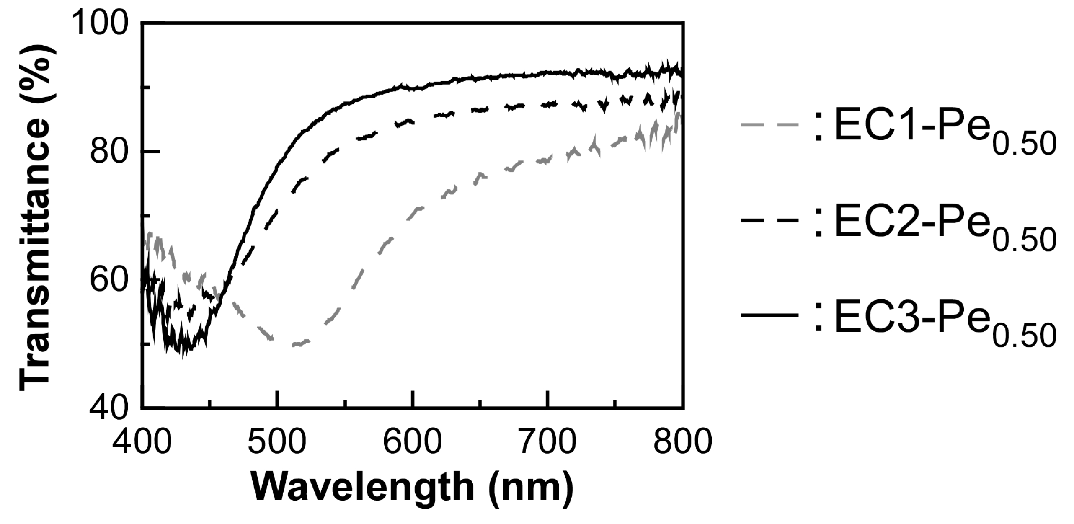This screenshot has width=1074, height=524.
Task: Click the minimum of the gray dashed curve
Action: tap(296, 344)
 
